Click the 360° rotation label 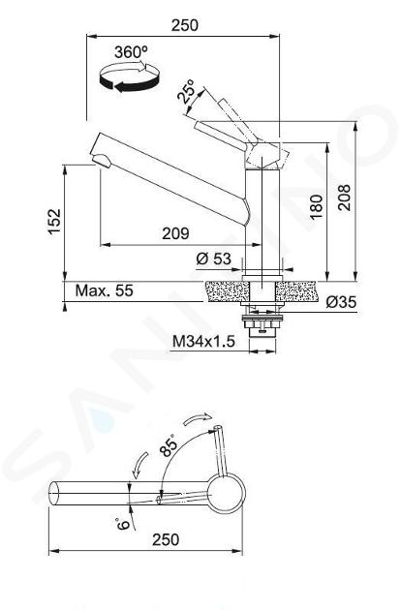point(131,52)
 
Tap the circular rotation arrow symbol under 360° point(130,77)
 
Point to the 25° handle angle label point(186,91)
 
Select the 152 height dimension point(54,221)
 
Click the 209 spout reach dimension point(175,233)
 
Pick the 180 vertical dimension point(317,207)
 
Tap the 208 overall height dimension point(344,198)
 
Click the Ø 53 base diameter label point(214,259)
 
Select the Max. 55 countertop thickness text point(105,290)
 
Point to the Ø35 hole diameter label point(342,302)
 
